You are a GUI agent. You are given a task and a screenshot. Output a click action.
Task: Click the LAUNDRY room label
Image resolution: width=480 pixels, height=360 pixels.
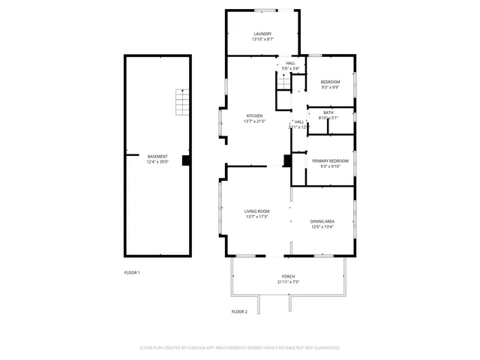(x=262, y=34)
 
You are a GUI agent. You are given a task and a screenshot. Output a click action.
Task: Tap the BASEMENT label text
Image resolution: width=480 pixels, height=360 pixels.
(x=157, y=156)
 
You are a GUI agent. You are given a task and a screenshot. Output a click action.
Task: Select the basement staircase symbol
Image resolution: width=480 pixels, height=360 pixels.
(x=180, y=101)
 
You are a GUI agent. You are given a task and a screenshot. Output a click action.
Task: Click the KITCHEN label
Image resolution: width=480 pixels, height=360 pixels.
(x=255, y=115)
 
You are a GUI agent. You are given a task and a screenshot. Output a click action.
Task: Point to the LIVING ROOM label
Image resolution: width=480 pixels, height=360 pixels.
(x=256, y=211)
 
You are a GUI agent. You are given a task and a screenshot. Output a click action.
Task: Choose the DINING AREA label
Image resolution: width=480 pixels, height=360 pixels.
(x=322, y=221)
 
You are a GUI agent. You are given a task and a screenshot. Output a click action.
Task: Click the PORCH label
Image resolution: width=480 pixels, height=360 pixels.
(x=289, y=277)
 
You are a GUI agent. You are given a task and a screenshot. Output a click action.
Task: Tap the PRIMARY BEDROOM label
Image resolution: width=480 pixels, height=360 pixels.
(x=330, y=161)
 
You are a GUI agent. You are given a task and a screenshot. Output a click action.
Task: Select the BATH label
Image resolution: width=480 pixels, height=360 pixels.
(x=328, y=112)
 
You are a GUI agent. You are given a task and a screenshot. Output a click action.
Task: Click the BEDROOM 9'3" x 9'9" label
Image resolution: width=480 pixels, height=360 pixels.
(x=330, y=82)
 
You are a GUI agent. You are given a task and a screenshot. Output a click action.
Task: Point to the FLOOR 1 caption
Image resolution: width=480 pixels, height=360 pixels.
(x=132, y=272)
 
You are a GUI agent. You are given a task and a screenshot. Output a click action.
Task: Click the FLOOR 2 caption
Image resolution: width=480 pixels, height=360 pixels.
(x=239, y=310)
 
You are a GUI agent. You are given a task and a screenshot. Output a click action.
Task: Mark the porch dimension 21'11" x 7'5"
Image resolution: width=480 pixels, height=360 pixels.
(x=289, y=283)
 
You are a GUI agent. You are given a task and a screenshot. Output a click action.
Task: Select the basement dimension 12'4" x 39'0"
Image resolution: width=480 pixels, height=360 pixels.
(x=157, y=161)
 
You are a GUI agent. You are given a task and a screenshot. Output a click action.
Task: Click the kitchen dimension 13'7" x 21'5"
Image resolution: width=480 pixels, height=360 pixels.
(x=255, y=121)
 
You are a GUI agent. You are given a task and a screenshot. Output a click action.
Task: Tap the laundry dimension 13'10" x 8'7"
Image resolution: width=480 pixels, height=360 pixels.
(x=262, y=39)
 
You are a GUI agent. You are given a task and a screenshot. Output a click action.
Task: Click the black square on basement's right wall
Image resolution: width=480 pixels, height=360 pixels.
(x=186, y=160)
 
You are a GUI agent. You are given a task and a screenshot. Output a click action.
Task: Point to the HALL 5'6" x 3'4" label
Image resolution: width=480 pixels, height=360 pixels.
(x=290, y=66)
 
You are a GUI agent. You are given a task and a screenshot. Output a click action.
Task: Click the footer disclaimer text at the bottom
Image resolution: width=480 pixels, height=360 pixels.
(x=240, y=348)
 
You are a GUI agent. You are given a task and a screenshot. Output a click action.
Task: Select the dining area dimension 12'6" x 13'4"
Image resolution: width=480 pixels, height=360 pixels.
(x=322, y=226)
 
